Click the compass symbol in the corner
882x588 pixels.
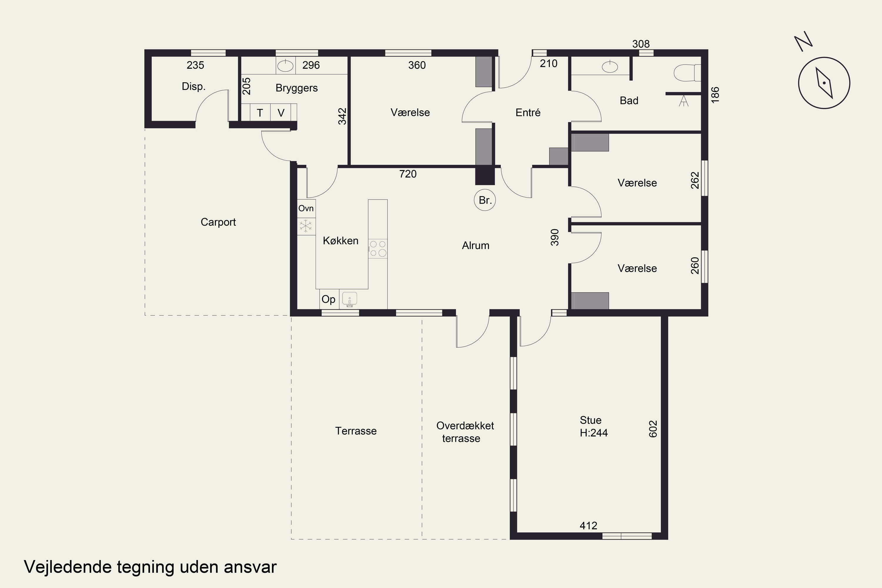[x=824, y=83]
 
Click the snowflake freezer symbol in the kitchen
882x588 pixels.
[x=306, y=226]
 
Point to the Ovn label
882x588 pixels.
[x=306, y=208]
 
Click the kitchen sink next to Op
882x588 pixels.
[x=350, y=299]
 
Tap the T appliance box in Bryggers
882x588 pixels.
[x=260, y=113]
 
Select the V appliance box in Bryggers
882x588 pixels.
[x=281, y=113]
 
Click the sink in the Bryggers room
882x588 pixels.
[x=285, y=66]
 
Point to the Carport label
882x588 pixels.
[x=218, y=222]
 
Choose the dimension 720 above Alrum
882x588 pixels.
[x=408, y=174]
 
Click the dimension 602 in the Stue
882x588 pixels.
[x=653, y=429]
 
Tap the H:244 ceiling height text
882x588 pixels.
[x=594, y=433]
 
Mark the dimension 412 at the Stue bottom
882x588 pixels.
[x=588, y=526]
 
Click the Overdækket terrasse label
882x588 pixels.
[x=465, y=432]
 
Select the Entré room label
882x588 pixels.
[x=528, y=113]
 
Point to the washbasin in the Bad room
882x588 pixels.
[x=610, y=67]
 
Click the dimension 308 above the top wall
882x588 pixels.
[x=641, y=44]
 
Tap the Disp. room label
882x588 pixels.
[x=193, y=87]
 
